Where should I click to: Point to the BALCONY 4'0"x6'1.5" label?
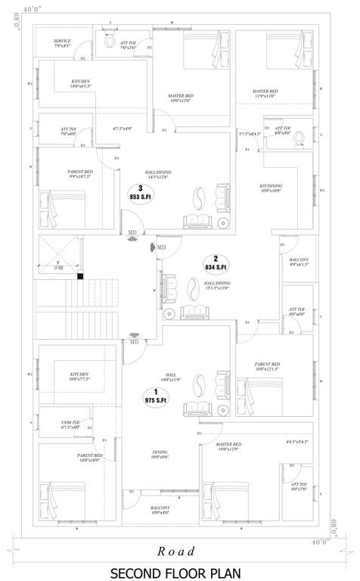click(x=299, y=262)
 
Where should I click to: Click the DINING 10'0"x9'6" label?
click(x=159, y=454)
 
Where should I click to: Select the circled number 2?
click(x=216, y=257)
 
